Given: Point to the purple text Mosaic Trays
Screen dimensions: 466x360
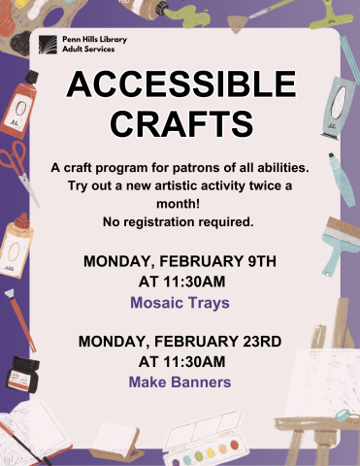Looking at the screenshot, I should (180, 303).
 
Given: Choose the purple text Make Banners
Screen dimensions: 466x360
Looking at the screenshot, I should (180, 383).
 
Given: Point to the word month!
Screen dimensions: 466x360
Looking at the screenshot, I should (180, 204).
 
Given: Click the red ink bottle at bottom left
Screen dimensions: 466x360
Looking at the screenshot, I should (18, 375).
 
